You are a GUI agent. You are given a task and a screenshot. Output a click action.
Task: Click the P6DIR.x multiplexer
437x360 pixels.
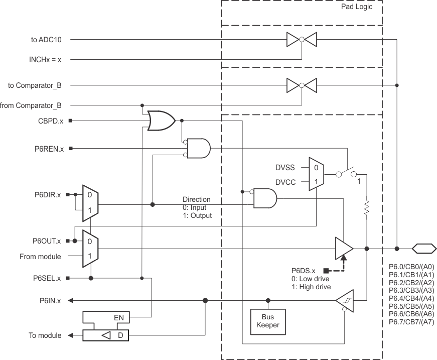click(90, 205)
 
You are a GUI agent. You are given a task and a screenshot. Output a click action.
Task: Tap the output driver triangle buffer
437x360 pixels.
click(344, 248)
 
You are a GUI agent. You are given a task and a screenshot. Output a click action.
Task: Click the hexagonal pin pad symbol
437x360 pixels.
click(423, 248)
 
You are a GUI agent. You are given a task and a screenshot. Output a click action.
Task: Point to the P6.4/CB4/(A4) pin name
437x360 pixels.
click(411, 298)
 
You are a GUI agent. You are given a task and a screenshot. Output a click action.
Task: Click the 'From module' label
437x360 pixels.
click(40, 257)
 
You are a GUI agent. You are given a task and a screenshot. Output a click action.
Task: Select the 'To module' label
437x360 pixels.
click(45, 335)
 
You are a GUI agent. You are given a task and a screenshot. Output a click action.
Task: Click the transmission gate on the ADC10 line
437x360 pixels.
click(301, 39)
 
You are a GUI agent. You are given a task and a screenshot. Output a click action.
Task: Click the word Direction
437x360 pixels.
click(197, 199)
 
